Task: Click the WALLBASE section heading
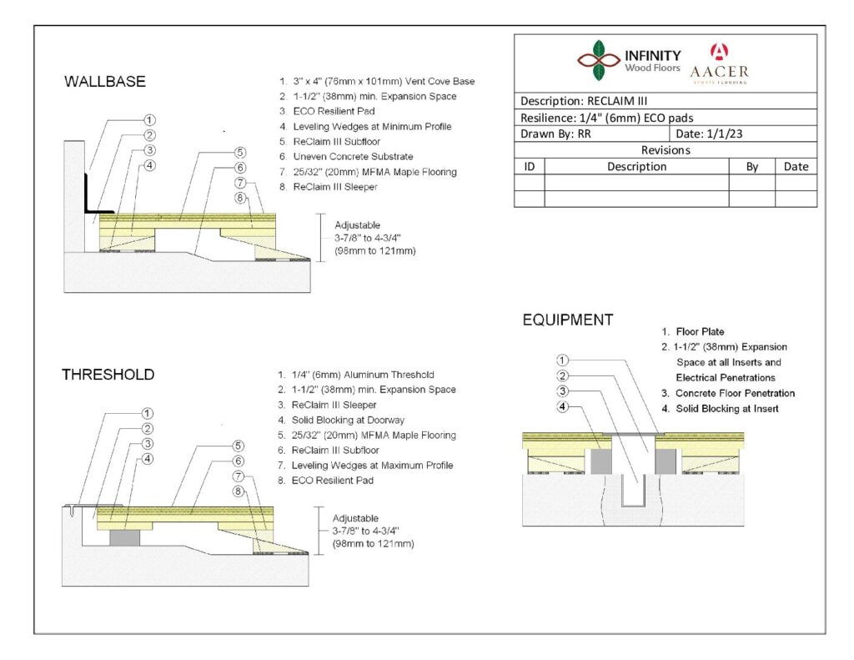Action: [105, 82]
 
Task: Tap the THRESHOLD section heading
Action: [108, 375]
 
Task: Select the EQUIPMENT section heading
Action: [568, 320]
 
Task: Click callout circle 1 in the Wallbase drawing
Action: [151, 120]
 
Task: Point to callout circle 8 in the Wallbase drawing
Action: [240, 198]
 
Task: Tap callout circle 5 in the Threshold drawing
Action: [239, 446]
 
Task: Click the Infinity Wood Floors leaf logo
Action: [598, 59]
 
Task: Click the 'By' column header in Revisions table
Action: [751, 166]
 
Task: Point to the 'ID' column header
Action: [529, 166]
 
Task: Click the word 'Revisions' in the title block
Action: [665, 150]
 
